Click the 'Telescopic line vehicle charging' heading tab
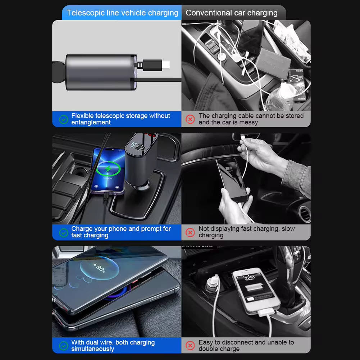pyautogui.click(x=122, y=13)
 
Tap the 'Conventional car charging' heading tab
pyautogui.click(x=232, y=13)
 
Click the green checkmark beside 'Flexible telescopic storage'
pyautogui.click(x=64, y=119)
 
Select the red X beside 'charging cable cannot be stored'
pyautogui.click(x=190, y=119)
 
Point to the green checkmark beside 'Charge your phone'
pyautogui.click(x=64, y=232)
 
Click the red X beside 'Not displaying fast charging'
pyautogui.click(x=190, y=232)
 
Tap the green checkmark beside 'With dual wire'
pyautogui.click(x=64, y=346)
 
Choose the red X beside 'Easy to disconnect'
pyautogui.click(x=190, y=346)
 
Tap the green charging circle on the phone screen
pyautogui.click(x=108, y=168)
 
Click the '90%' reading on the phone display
pyautogui.click(x=100, y=268)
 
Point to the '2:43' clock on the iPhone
pyautogui.click(x=249, y=277)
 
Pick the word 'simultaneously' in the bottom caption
pyautogui.click(x=92, y=349)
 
